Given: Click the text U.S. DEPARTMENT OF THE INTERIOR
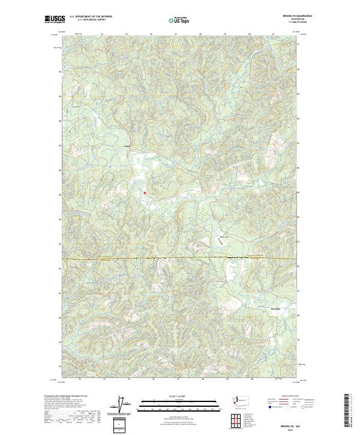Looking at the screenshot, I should [91, 16].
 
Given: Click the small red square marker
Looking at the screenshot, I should [145, 193].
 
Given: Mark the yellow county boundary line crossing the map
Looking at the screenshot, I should [180, 259].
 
